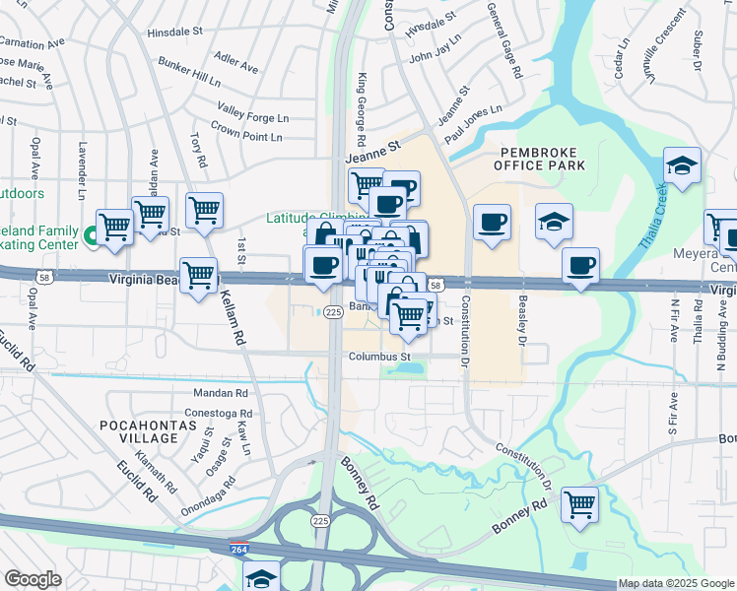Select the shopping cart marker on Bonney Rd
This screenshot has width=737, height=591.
(580, 504)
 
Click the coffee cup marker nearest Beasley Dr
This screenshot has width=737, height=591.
(580, 265)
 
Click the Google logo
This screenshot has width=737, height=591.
(33, 579)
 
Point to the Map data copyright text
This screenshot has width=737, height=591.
(676, 583)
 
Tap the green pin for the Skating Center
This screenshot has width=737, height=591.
(90, 235)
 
